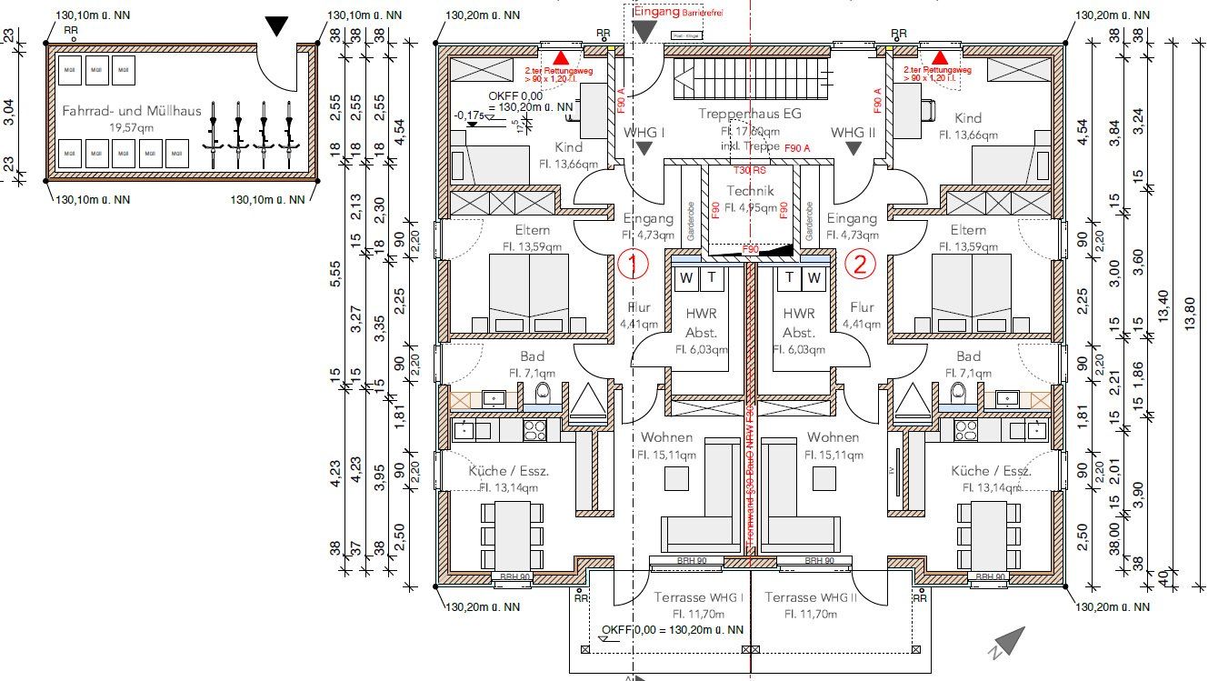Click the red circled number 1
[633, 264]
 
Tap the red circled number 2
[860, 264]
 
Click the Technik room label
[750, 191]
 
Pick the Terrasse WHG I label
[699, 597]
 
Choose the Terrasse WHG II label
[811, 597]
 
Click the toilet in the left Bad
[544, 393]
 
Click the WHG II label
[853, 133]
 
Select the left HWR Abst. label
[701, 322]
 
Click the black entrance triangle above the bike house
[276, 26]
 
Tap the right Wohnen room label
[833, 437]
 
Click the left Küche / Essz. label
[509, 471]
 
